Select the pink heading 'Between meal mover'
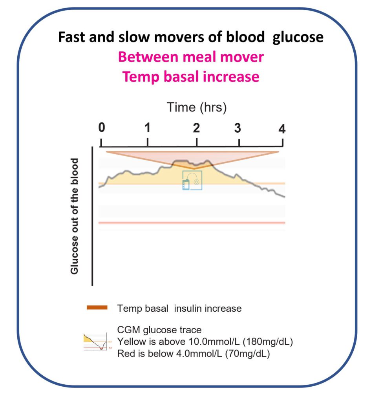191,57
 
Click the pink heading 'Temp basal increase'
191,77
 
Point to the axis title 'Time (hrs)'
197,107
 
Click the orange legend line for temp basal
97,308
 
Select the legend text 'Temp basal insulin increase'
179,308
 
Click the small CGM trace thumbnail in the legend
94,342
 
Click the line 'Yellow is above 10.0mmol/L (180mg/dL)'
205,342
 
